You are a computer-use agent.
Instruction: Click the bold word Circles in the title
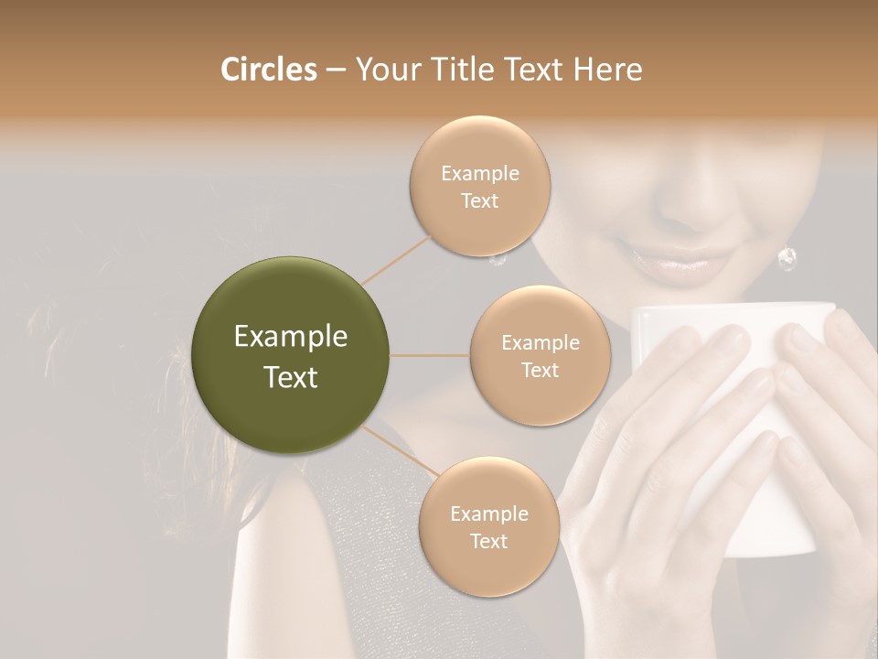[268, 70]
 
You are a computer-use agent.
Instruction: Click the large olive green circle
[291, 355]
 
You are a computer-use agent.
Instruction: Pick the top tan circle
[480, 187]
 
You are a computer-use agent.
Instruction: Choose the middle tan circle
[540, 355]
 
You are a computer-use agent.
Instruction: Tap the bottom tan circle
[488, 527]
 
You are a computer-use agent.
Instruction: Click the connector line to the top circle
[396, 259]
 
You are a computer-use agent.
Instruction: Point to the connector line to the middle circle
[430, 355]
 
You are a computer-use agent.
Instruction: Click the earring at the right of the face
[787, 260]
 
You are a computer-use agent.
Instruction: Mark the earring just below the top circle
[498, 260]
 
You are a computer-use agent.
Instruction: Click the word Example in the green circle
[291, 337]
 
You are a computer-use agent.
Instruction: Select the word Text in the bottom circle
[488, 541]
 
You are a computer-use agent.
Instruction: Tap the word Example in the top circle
[480, 173]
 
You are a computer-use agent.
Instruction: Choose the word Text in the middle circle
[540, 370]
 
